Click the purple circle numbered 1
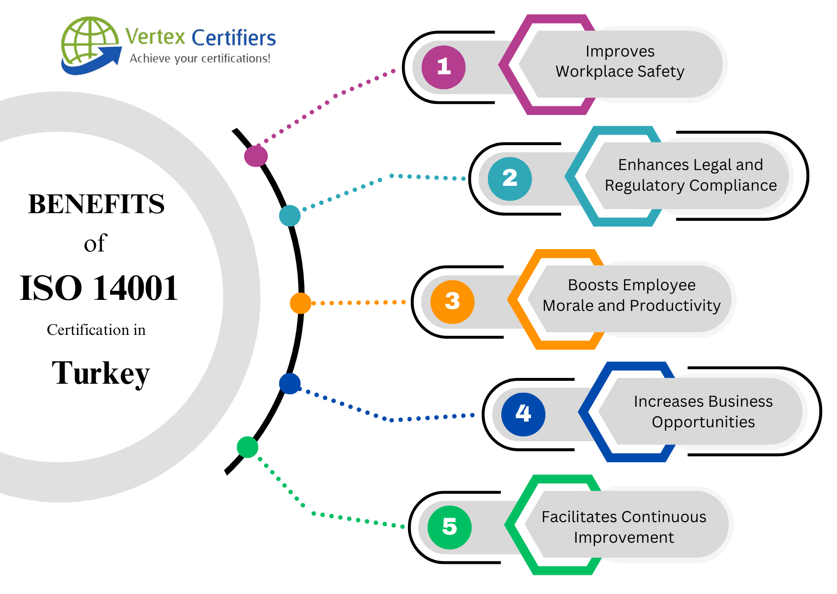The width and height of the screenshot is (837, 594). pos(443,67)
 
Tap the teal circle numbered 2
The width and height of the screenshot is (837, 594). pos(509,179)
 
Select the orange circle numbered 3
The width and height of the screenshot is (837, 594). pos(452,302)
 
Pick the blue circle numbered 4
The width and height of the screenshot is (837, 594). pos(523,414)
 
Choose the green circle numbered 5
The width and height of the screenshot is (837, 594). pos(449,527)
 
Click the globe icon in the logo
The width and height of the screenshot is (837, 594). pos(89,43)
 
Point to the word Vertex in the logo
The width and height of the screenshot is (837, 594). pos(155,37)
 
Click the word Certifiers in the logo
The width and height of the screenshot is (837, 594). pos(234,38)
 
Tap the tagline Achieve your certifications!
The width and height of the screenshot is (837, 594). pos(200,58)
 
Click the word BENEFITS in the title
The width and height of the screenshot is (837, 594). pos(96,204)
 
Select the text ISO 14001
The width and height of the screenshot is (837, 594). pos(99,288)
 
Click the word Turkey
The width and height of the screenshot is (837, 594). pos(101,374)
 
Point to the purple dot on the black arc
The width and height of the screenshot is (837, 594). pos(256,156)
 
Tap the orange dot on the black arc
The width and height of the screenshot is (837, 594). pos(300,303)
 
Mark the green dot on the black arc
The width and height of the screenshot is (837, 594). pos(248,447)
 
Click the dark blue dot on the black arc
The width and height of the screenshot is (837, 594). pos(290,384)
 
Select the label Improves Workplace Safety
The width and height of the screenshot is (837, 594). pos(620,61)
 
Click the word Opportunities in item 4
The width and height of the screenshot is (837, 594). pos(703,422)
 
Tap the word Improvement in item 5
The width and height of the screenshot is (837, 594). pos(623,537)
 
